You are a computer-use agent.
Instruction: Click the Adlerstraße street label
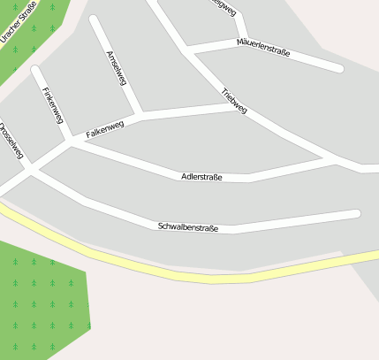tap(201, 177)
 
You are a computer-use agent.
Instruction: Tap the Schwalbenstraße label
tap(187, 227)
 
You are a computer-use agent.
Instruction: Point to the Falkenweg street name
tap(104, 130)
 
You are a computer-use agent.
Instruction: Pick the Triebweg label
tap(234, 100)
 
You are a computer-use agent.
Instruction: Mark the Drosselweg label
tap(10, 141)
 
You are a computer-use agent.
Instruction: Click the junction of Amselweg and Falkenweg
tap(140, 115)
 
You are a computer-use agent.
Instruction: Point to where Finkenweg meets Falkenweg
tap(69, 140)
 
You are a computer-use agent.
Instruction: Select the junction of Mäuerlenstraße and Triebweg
tap(188, 50)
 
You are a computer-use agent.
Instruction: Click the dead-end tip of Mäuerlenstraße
tap(338, 67)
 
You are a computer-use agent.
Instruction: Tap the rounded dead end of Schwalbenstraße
tap(356, 213)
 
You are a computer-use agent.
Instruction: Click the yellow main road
tap(212, 277)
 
